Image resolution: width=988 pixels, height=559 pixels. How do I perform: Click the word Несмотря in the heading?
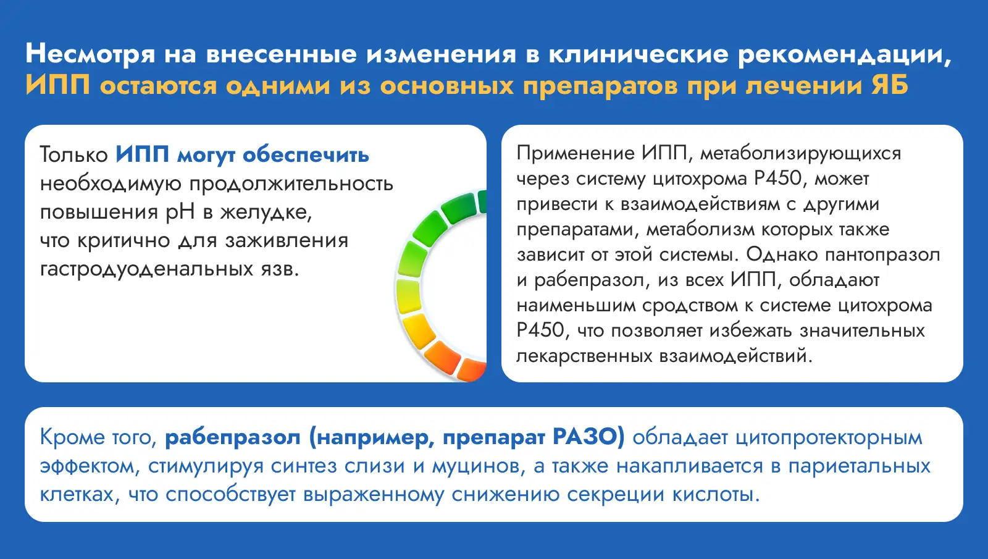90,54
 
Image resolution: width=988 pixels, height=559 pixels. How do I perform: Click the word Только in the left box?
73,155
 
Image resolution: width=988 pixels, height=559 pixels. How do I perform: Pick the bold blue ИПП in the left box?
143,154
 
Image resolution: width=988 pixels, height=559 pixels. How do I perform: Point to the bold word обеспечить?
306,155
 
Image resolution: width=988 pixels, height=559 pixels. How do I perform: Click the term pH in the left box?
180,212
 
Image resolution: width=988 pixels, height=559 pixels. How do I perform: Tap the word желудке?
266,212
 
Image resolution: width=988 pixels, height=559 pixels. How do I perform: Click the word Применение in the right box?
575,154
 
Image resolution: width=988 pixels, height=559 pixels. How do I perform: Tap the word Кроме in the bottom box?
71,437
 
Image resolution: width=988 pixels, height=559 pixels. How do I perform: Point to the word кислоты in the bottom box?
716,495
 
